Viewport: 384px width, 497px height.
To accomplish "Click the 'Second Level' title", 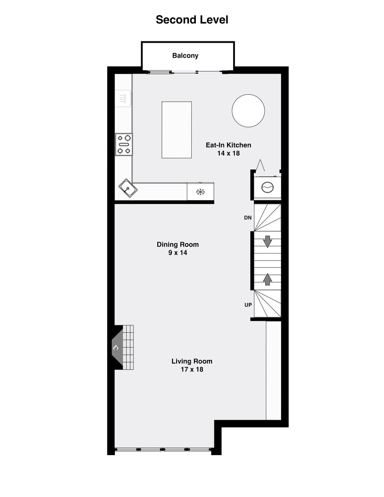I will (192, 20).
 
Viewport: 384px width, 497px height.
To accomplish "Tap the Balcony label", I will (185, 56).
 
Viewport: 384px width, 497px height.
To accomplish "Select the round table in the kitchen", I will (248, 110).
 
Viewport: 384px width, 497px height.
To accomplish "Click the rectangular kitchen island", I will (177, 130).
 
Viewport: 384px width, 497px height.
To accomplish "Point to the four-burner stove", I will (124, 144).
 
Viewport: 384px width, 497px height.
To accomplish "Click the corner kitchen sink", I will (127, 188).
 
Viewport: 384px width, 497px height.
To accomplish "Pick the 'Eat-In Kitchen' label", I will (228, 145).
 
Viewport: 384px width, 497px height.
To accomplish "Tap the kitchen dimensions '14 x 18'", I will (229, 153).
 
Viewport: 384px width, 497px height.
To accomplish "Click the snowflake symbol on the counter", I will (200, 192).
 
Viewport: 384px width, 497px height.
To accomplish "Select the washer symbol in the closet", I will (267, 187).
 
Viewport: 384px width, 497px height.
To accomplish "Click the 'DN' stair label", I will (248, 217).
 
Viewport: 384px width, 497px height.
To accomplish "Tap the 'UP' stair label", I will (248, 305).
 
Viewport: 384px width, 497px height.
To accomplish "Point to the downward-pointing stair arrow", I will (267, 241).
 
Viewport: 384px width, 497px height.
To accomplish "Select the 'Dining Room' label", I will (178, 244).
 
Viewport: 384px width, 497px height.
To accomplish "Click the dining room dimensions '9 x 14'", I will (178, 253).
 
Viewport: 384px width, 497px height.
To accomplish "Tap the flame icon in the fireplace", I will (116, 347).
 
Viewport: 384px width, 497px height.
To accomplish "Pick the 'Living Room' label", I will (192, 361).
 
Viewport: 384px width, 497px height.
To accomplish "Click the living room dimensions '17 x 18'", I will (192, 370).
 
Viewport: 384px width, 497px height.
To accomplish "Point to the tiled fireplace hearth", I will (128, 347).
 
